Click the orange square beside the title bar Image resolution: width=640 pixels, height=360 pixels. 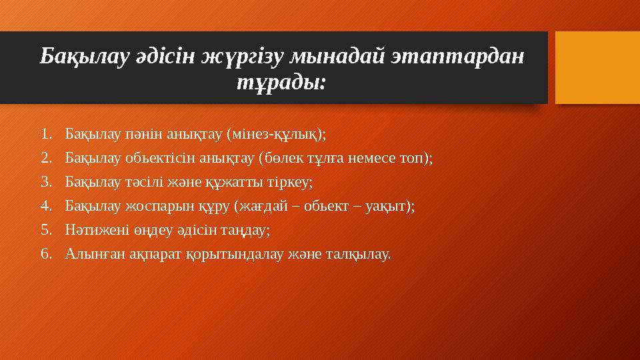[597, 68]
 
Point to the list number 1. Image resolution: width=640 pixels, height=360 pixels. [45, 135]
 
